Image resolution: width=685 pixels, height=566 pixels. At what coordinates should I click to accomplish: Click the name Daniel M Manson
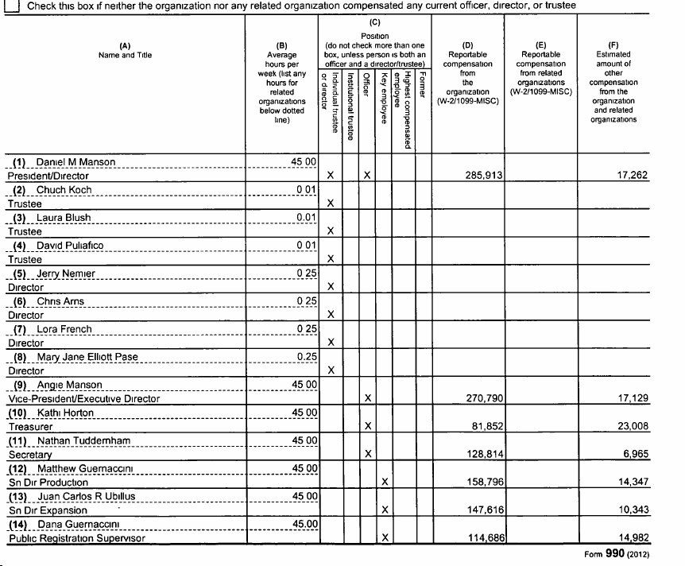[x=75, y=162]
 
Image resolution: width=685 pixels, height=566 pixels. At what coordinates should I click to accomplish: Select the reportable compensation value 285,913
[x=482, y=176]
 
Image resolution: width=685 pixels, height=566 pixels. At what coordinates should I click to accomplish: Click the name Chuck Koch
[x=64, y=190]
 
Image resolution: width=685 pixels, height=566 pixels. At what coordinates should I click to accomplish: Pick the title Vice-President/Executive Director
[x=83, y=399]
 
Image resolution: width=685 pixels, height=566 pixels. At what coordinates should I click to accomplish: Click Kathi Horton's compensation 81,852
[x=485, y=427]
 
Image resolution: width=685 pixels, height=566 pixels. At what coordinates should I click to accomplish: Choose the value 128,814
[x=482, y=455]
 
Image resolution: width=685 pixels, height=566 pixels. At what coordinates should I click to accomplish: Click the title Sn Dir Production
[x=48, y=483]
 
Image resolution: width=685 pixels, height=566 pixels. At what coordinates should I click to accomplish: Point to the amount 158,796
[x=482, y=483]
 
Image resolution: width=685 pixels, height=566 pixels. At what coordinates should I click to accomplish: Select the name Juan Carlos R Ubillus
[x=86, y=496]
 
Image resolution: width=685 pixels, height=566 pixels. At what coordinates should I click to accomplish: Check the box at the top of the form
[x=11, y=6]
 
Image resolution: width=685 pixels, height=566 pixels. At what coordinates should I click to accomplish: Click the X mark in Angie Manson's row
[x=367, y=399]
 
